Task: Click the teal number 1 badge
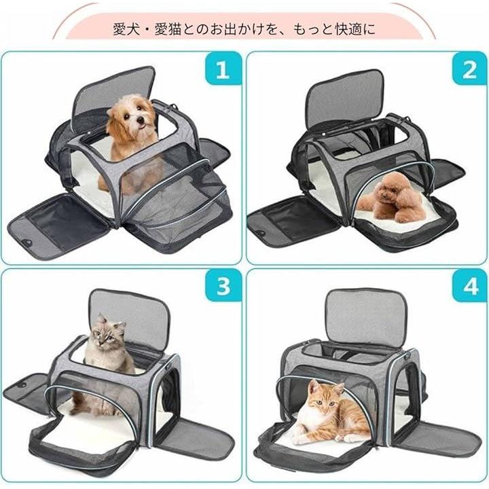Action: point(223,69)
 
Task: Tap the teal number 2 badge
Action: point(470,69)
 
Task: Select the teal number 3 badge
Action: point(223,285)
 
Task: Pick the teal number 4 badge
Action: point(470,285)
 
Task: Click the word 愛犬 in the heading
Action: point(123,29)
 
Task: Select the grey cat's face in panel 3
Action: point(105,336)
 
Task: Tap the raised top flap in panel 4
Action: point(367,315)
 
